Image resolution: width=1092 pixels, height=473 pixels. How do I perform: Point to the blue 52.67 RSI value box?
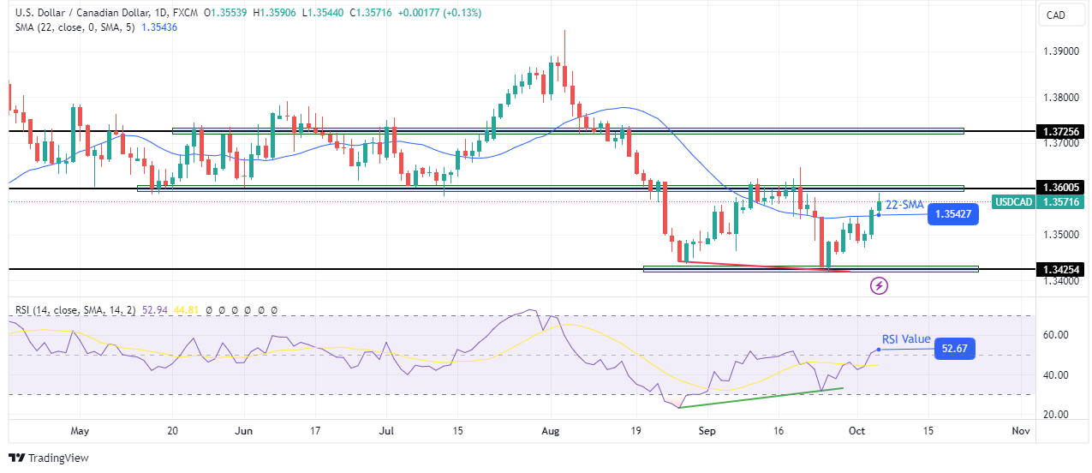(x=954, y=348)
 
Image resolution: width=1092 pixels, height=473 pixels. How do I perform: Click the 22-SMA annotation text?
(x=904, y=204)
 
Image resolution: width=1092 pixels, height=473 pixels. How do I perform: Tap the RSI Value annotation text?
(x=907, y=339)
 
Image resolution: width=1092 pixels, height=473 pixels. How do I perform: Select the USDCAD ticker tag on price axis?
(x=1015, y=202)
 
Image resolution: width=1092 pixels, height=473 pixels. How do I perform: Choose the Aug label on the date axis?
(x=552, y=431)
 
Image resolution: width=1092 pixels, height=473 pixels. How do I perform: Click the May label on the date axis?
(x=80, y=431)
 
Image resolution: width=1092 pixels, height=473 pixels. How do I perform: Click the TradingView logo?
(x=49, y=458)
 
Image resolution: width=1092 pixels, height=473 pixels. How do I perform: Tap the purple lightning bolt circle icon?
(x=879, y=285)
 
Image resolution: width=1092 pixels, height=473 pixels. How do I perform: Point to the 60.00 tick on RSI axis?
(x=1056, y=335)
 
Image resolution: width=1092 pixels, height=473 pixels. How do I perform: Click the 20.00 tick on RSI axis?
(x=1056, y=414)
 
